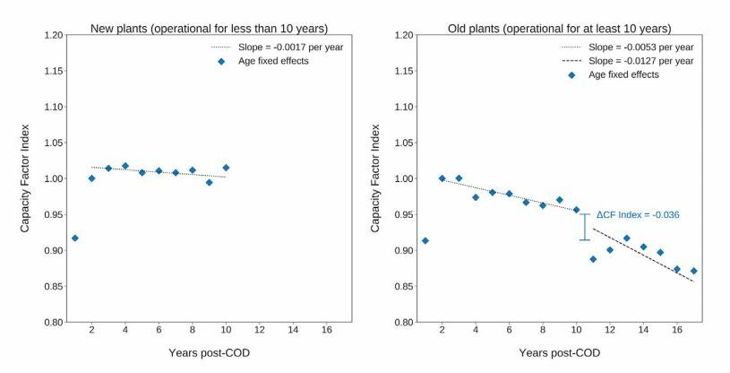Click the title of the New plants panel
coord(209,29)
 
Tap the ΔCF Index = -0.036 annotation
coord(637,216)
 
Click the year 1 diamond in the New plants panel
coord(74,238)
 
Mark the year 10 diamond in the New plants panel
coord(226,168)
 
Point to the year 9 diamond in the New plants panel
coord(209,182)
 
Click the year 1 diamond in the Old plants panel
coord(425,240)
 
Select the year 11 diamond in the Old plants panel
coord(593,259)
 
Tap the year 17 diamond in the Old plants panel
coord(694,271)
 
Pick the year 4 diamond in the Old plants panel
coord(476,197)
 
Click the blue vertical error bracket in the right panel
coord(585,227)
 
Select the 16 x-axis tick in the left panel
coord(326,331)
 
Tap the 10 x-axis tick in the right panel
coord(576,331)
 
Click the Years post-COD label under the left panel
coord(209,352)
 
